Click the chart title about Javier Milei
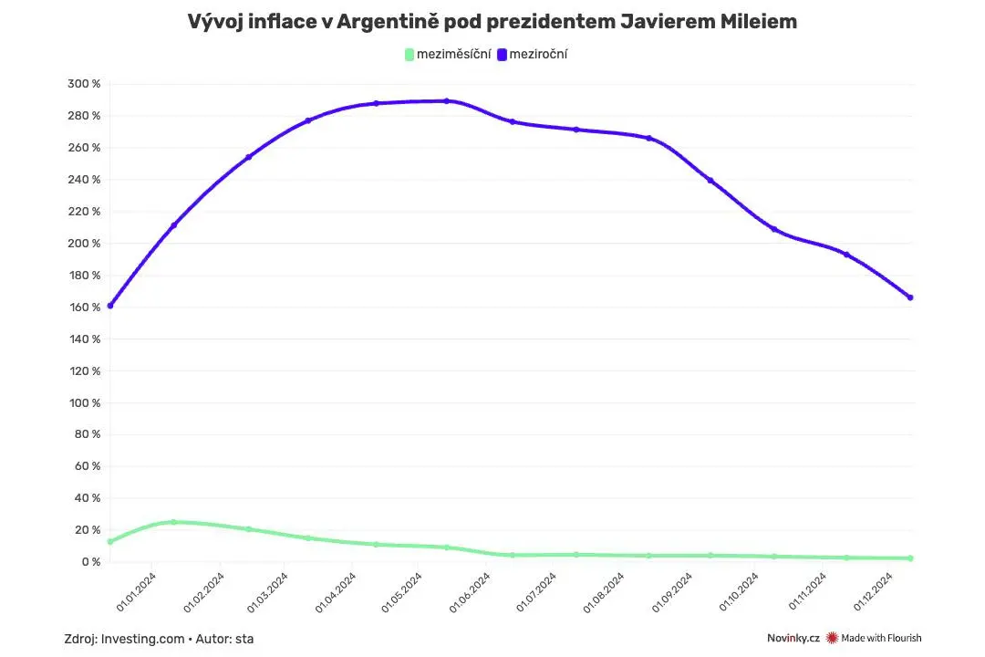click(492, 21)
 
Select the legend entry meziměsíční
click(448, 54)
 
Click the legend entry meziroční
click(533, 54)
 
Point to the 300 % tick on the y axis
click(84, 84)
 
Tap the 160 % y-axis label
click(84, 307)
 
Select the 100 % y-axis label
click(84, 402)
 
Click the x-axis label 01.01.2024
click(136, 592)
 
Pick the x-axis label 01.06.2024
click(470, 592)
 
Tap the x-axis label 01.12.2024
click(873, 592)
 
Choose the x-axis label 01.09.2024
click(671, 592)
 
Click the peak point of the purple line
click(447, 100)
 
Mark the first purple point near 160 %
click(110, 306)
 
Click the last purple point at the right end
click(910, 297)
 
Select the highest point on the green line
click(174, 522)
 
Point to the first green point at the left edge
click(110, 541)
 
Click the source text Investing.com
click(142, 639)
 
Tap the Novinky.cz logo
click(793, 638)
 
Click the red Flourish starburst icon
click(833, 638)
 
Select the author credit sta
click(244, 639)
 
